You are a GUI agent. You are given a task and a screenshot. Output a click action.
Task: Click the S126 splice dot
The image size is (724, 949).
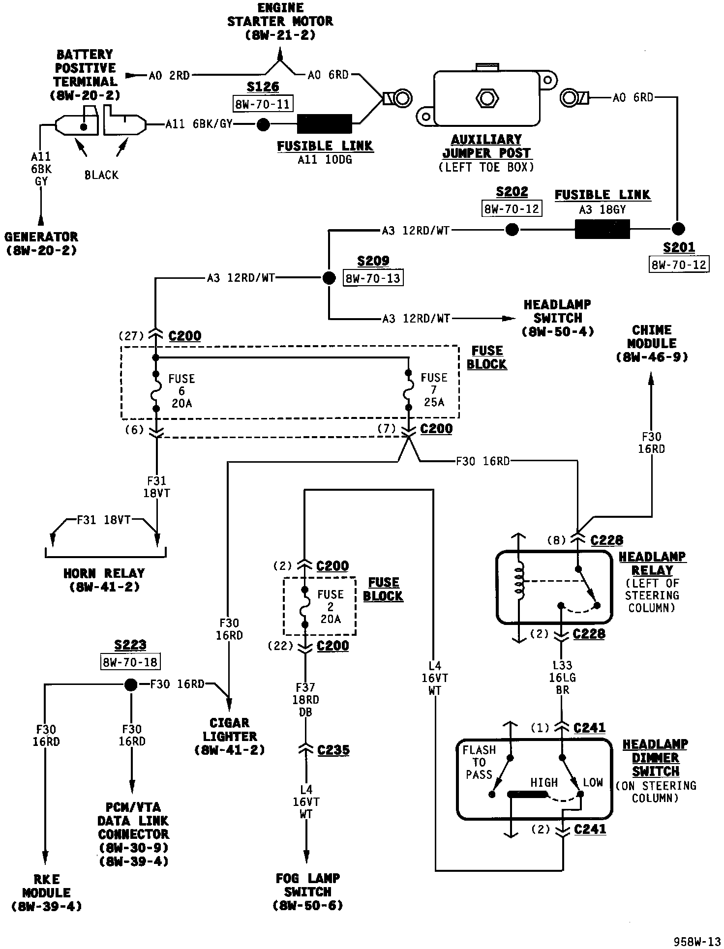(264, 124)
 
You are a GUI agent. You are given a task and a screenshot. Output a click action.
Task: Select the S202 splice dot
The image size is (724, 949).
(512, 230)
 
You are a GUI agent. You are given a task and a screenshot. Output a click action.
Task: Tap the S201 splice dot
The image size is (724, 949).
(678, 229)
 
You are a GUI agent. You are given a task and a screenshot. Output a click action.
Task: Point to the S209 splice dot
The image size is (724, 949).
(329, 278)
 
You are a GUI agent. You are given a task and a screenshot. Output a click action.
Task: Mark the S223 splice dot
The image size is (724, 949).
(130, 684)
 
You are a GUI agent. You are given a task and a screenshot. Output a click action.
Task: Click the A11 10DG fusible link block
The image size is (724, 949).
(325, 124)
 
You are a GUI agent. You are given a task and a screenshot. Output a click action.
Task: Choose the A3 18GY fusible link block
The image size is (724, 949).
(603, 229)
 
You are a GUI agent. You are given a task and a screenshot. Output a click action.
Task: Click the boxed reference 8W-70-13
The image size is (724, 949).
(373, 278)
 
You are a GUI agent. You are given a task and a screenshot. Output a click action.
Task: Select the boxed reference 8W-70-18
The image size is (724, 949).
(131, 662)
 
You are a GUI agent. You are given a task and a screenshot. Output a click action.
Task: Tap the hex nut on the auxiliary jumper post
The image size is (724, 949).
(487, 98)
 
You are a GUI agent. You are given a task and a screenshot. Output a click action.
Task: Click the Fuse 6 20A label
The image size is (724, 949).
(181, 391)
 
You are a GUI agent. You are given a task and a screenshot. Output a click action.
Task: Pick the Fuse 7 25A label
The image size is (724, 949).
(434, 390)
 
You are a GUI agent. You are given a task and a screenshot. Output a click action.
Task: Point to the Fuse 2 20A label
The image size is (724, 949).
(330, 606)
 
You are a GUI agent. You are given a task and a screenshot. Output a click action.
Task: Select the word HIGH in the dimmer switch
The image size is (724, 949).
(544, 782)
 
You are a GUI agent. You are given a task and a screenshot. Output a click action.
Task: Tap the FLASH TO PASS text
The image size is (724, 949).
(479, 763)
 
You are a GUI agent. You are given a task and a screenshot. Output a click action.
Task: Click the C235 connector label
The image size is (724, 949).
(333, 750)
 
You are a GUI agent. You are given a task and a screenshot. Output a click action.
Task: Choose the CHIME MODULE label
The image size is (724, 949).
(652, 337)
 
